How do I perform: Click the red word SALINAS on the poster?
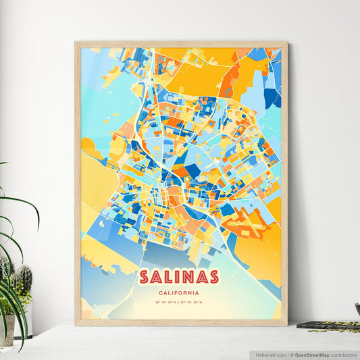tap(179, 277)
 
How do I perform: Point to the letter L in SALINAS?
tap(169, 277)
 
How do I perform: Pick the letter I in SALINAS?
tap(179, 277)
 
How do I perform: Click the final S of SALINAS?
tap(213, 277)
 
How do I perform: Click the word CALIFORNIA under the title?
tap(179, 292)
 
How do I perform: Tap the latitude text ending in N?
tap(165, 303)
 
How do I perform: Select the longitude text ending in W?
tap(196, 303)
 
